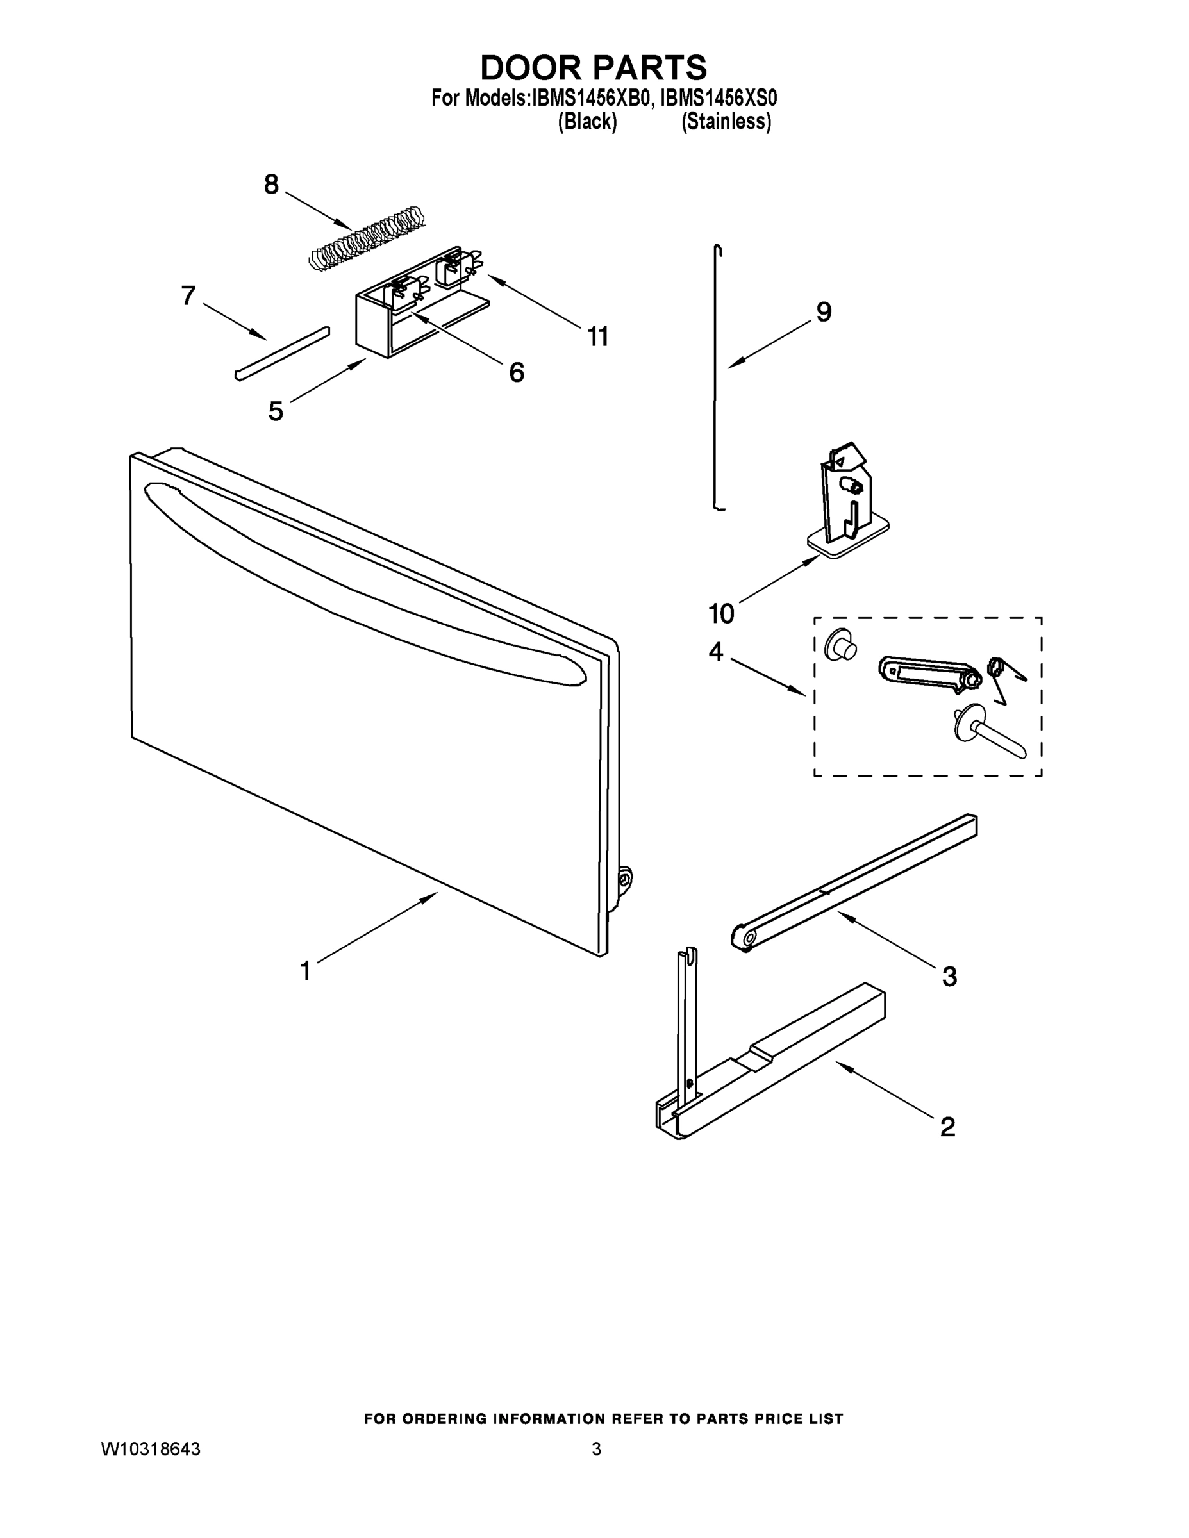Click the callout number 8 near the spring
(271, 185)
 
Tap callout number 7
(188, 296)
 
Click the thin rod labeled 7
(282, 354)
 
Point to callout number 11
(598, 336)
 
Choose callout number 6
(517, 372)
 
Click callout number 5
(276, 411)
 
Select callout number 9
(824, 311)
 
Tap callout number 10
(721, 614)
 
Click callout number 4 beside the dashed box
(716, 652)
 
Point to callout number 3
(949, 977)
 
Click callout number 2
(948, 1127)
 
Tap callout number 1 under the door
(305, 971)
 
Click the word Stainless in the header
(726, 122)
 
